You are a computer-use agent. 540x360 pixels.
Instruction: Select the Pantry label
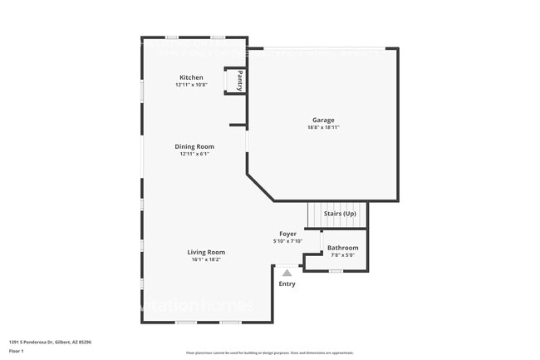[240, 81]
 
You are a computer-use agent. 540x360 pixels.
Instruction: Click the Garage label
[323, 120]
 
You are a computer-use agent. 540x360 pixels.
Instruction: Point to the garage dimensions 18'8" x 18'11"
[323, 127]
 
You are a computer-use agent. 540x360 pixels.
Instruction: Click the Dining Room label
[194, 146]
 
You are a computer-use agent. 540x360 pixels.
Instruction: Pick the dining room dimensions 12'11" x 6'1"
[194, 154]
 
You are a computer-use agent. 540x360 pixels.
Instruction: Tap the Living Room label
[205, 252]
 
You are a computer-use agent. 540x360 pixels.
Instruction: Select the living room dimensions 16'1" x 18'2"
[205, 259]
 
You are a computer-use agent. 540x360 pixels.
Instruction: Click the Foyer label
[287, 234]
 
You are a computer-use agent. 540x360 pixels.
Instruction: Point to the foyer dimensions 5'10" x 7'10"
[287, 241]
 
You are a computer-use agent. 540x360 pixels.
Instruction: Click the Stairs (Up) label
[338, 214]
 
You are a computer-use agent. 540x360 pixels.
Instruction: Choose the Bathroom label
[342, 248]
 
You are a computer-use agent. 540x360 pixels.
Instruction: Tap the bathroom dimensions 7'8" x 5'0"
[342, 255]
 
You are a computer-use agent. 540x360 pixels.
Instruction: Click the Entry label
[287, 284]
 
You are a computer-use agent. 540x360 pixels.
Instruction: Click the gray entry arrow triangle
[287, 272]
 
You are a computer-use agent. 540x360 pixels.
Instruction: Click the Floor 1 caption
[17, 351]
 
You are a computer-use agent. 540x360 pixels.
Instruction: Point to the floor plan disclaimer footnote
[269, 353]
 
